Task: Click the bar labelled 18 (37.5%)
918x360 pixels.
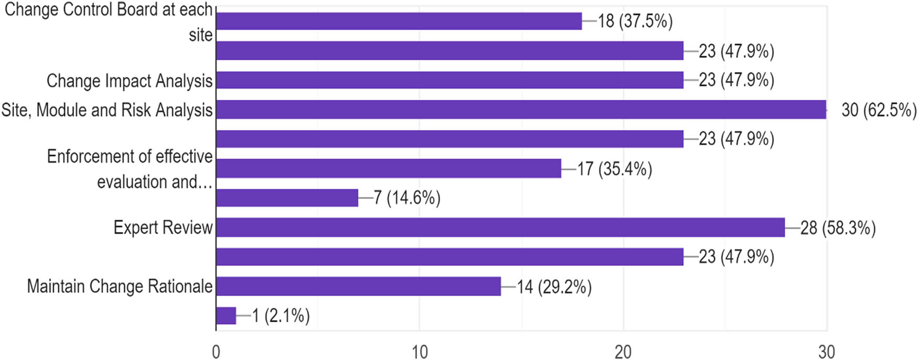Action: (x=399, y=22)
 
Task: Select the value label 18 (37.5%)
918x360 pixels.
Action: (x=635, y=22)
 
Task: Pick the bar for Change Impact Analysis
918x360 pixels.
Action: (x=450, y=80)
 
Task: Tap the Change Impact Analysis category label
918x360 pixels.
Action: (x=130, y=81)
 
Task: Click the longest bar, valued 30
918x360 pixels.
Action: (x=521, y=110)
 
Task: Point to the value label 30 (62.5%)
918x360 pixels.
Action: (x=879, y=110)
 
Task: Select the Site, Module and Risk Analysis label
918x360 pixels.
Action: (x=107, y=110)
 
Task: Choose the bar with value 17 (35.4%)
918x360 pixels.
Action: (x=388, y=169)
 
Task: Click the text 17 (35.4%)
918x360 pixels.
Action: (x=614, y=169)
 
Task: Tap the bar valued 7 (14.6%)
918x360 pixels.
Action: (x=287, y=198)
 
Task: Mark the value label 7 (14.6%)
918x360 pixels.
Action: (x=407, y=198)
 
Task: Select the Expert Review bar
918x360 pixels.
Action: (x=500, y=228)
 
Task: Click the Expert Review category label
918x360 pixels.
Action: (x=163, y=228)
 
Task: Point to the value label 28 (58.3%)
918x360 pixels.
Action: (x=838, y=228)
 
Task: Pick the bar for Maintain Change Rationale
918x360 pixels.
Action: (x=358, y=287)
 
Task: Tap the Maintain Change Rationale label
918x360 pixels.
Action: (x=120, y=287)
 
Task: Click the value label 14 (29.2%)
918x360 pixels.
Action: (x=554, y=287)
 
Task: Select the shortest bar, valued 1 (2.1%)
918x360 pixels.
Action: (x=226, y=316)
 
